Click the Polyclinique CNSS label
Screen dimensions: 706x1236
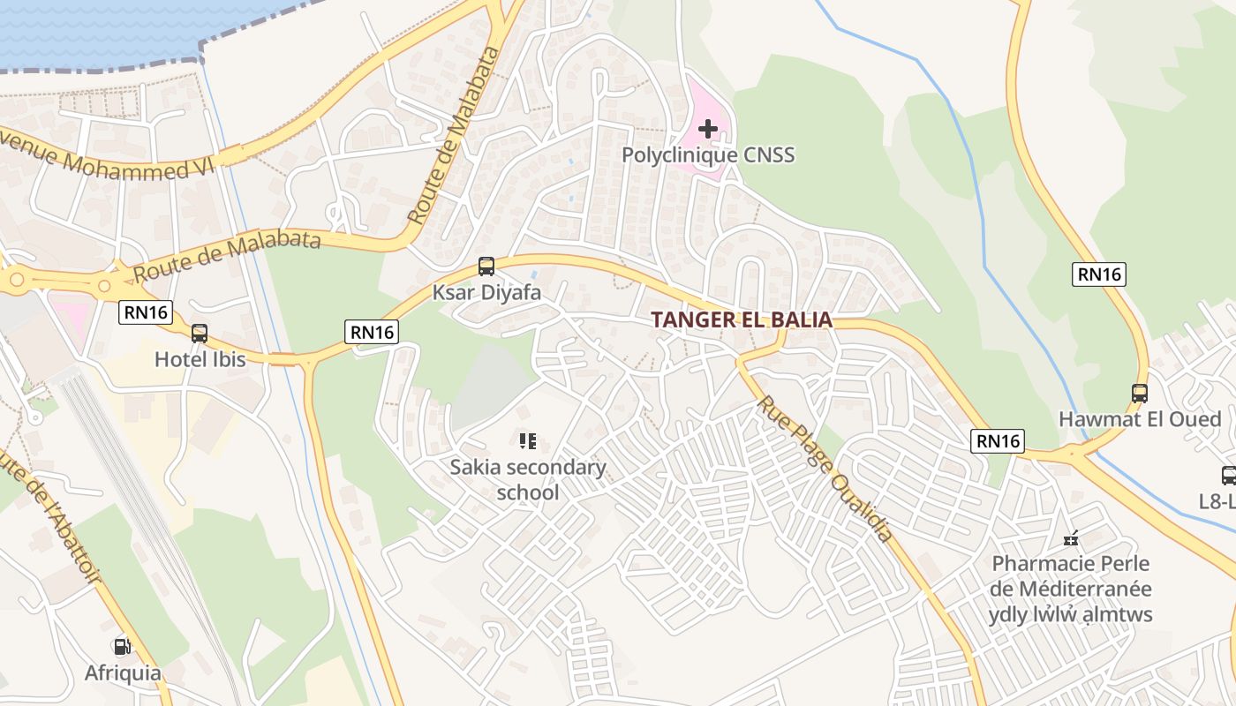708,155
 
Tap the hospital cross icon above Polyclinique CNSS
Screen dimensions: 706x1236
707,129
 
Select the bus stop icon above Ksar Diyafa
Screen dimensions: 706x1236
486,266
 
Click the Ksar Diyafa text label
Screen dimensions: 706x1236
486,292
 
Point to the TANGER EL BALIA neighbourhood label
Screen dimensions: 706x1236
742,319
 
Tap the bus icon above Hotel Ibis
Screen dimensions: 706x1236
200,334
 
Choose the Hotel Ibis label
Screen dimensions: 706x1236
200,359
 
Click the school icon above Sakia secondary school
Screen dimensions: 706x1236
528,441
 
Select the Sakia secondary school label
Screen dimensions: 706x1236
528,479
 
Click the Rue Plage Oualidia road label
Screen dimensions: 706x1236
824,468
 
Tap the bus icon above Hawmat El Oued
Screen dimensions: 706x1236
1140,394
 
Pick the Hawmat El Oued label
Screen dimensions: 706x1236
1140,419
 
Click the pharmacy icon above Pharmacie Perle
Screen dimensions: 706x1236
1072,537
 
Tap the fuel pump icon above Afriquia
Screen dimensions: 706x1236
122,647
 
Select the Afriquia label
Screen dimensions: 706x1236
123,673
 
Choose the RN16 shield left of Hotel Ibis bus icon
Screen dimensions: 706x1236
145,312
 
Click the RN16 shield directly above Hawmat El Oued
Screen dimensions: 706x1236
1099,274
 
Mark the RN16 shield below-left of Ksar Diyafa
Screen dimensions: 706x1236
373,332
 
